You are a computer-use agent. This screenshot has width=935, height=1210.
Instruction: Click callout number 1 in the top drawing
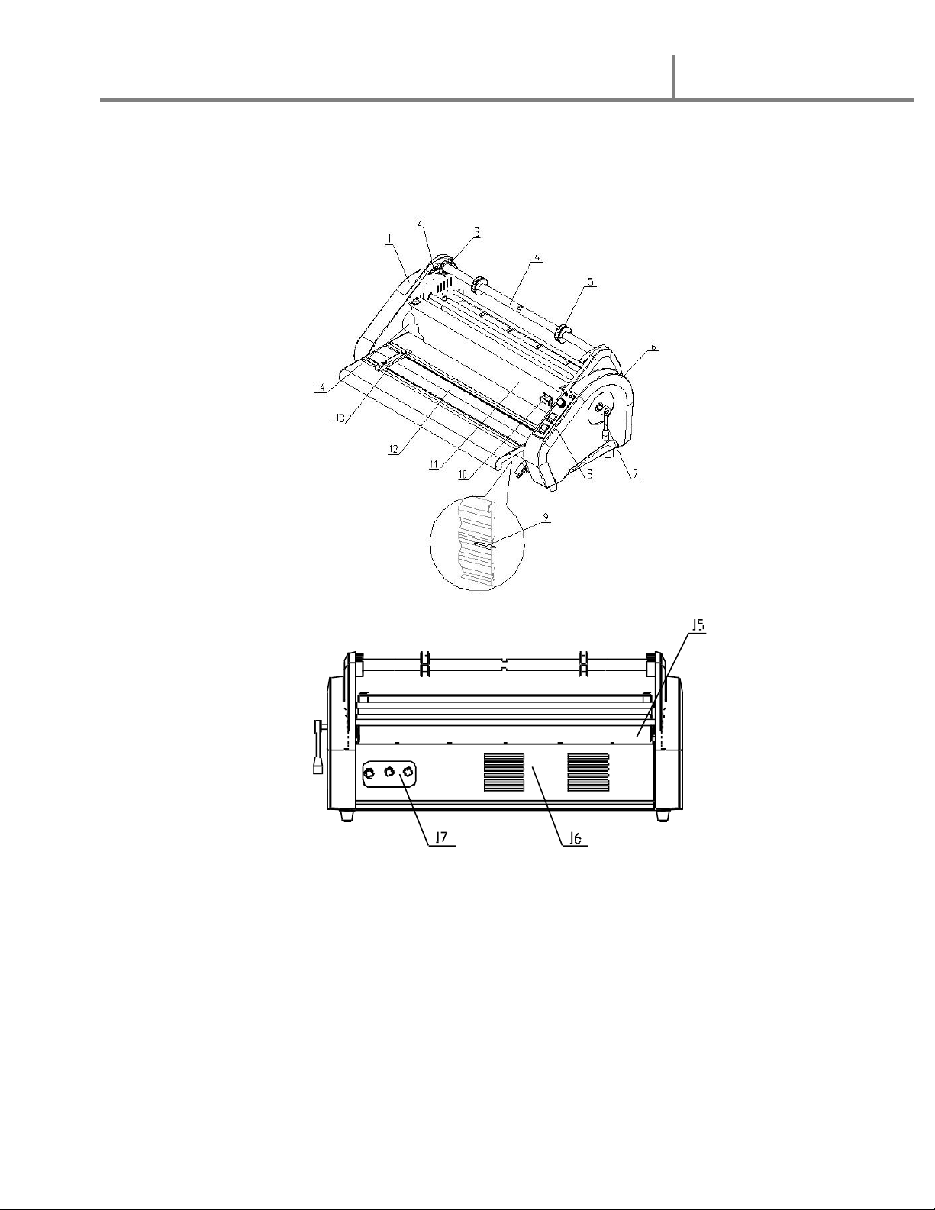(x=390, y=238)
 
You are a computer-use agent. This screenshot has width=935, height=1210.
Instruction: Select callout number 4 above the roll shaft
(x=537, y=257)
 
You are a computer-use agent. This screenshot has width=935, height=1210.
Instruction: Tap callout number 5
(x=591, y=282)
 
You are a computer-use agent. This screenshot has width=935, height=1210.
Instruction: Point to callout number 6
(x=654, y=347)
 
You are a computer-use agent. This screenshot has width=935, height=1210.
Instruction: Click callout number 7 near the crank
(x=636, y=473)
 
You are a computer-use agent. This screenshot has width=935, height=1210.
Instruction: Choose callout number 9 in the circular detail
(x=546, y=518)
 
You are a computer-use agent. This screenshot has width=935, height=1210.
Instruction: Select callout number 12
(x=395, y=449)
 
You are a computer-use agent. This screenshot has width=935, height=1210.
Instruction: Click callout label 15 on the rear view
(x=698, y=626)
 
